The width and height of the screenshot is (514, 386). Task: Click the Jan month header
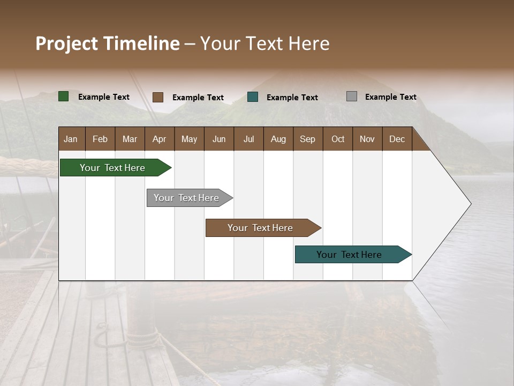71,139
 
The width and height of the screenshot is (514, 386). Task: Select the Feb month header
100,139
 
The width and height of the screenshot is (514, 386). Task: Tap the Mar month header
130,139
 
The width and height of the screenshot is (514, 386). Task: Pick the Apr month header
160,139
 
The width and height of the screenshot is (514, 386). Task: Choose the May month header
189,139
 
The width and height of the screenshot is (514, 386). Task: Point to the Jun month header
219,139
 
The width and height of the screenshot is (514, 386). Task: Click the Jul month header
248,139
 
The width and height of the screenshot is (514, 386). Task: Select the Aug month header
278,139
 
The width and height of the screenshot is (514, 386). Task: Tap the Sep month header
308,139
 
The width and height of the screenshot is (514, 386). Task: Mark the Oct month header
338,139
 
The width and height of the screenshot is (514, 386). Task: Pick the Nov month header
367,139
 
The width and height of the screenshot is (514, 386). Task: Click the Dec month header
397,139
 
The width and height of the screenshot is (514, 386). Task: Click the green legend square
64,96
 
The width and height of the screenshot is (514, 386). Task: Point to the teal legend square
253,96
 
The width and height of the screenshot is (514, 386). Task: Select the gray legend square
352,96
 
